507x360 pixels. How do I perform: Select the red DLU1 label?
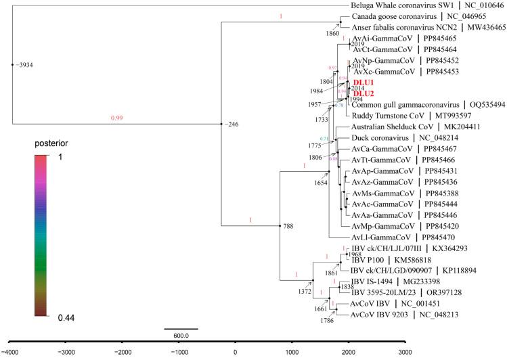tap(365, 83)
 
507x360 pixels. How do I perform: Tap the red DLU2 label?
tap(365, 93)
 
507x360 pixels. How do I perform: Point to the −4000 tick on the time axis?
tap(12, 353)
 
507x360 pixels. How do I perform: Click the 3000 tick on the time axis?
tap(404, 353)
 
